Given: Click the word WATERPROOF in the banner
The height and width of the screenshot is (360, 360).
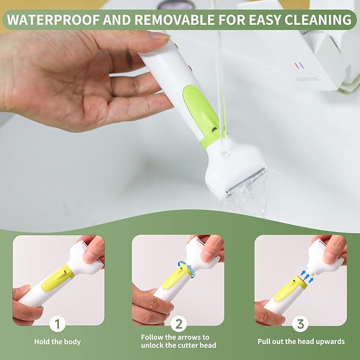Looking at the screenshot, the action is [x=53, y=20].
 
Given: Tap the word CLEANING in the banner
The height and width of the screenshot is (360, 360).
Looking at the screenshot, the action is [x=318, y=20].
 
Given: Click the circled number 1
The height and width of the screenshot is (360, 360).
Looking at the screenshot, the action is [x=57, y=324].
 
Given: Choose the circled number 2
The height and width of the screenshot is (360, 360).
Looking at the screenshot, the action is [x=179, y=324].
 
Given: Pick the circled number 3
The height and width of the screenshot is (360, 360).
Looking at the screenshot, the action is [x=300, y=324].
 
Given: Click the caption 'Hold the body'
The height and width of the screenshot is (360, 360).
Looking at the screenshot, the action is [x=57, y=341].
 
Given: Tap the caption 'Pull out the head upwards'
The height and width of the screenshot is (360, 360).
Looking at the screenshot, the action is [x=301, y=341].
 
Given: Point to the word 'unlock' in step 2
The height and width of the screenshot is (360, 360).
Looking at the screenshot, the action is [x=153, y=345].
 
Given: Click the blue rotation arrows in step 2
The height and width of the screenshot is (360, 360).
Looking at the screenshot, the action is [x=186, y=269].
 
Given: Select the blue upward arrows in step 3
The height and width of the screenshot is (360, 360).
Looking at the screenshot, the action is [x=307, y=276].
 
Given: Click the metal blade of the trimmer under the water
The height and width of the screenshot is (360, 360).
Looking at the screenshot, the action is [x=246, y=182].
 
